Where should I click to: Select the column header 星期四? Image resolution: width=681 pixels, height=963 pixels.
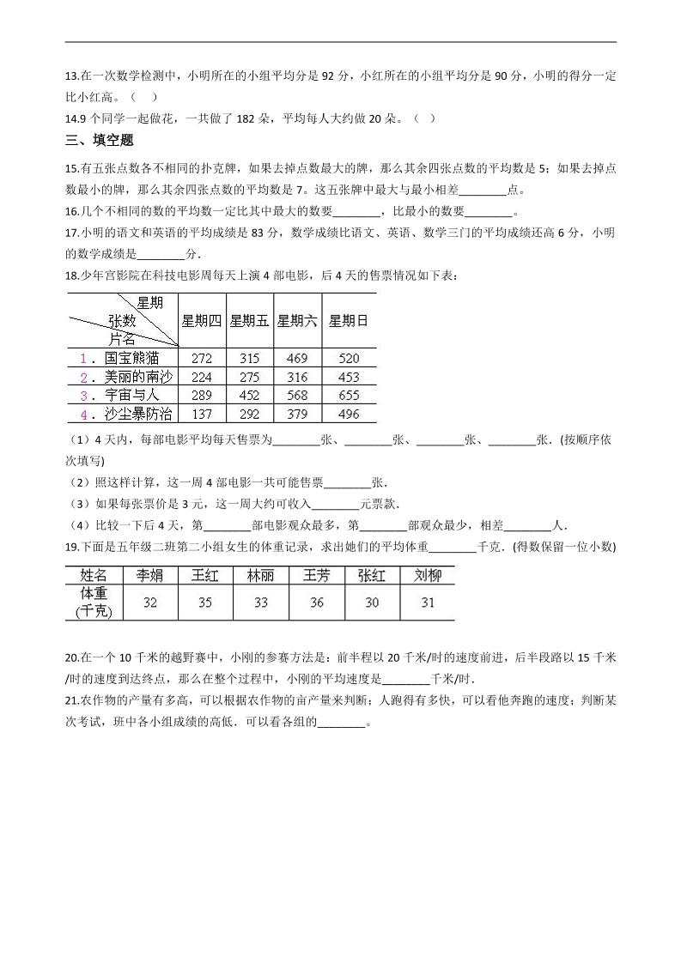(201, 321)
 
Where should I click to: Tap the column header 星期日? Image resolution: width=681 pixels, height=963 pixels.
(349, 321)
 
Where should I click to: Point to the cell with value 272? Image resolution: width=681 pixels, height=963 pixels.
(202, 358)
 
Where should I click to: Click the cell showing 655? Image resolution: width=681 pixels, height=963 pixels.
(349, 395)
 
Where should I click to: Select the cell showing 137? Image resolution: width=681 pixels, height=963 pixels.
(202, 414)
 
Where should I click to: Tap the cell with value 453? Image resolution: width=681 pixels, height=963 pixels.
(349, 377)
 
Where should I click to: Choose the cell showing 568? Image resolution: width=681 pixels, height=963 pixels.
(297, 395)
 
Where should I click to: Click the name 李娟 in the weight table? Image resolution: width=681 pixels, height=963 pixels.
(150, 575)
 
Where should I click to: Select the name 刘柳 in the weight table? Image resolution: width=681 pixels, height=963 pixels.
(427, 575)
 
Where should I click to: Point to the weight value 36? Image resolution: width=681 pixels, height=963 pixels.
(316, 603)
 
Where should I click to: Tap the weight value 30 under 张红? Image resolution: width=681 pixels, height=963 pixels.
(371, 603)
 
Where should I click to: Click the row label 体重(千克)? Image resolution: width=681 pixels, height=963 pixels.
(94, 603)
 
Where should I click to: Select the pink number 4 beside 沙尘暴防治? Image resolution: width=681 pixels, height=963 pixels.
(84, 415)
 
